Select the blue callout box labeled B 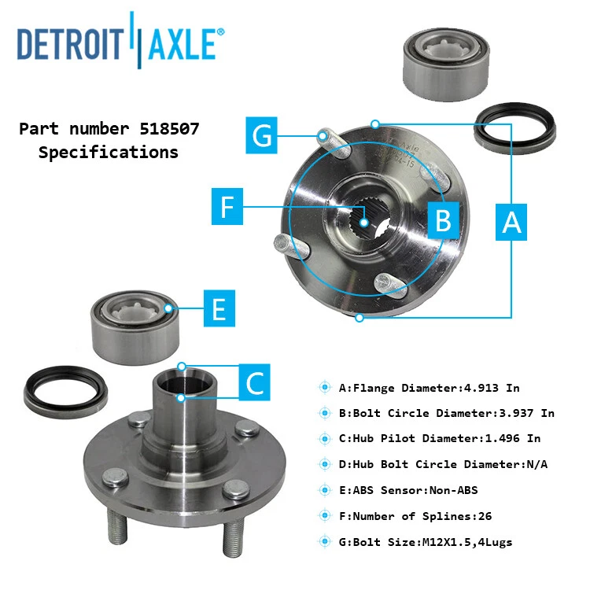(x=444, y=219)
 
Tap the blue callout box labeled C (x=255, y=383)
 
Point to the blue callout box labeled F (x=227, y=208)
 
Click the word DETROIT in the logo (x=72, y=44)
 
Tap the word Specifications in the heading (x=109, y=153)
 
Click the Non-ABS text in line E (x=452, y=490)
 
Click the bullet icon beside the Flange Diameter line (x=324, y=387)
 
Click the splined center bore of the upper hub (x=367, y=221)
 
